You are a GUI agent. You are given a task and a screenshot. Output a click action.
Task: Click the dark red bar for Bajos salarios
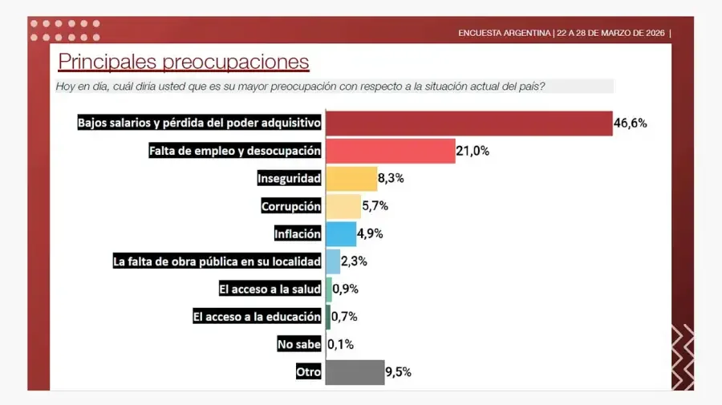(x=468, y=124)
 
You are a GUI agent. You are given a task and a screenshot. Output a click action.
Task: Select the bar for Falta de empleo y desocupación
(x=390, y=151)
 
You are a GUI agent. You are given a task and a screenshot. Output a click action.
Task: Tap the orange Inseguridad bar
(x=351, y=178)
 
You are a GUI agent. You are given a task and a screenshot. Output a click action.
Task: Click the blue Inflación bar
(x=340, y=233)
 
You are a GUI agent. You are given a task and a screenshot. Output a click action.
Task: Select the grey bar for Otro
(x=355, y=372)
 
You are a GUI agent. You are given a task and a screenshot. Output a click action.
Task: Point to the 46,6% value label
(x=630, y=124)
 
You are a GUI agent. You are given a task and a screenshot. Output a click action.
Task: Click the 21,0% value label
(x=473, y=151)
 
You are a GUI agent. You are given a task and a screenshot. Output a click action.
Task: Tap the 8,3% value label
(x=391, y=178)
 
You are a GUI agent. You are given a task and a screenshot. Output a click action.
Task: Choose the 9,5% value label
(x=399, y=372)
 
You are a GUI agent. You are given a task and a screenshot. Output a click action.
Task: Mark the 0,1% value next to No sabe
(x=341, y=344)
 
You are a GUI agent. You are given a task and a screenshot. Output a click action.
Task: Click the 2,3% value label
(x=354, y=261)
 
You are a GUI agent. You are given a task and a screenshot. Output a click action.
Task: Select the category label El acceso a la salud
(x=270, y=289)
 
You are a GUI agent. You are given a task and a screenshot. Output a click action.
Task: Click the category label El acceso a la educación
(x=257, y=317)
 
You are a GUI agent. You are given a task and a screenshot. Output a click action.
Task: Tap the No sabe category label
(x=298, y=344)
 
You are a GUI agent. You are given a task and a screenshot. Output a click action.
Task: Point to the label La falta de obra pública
(x=217, y=261)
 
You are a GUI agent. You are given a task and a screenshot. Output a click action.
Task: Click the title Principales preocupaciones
(x=183, y=62)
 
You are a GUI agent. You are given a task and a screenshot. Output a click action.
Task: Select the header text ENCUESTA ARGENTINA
(x=504, y=33)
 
